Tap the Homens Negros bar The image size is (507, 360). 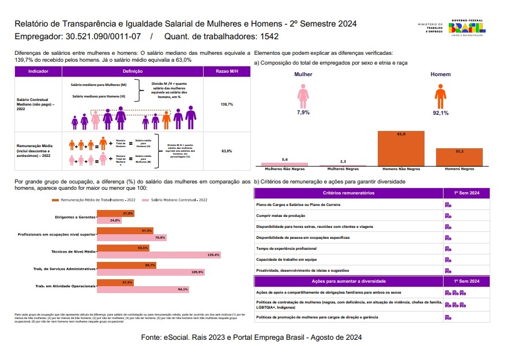[x=459, y=157]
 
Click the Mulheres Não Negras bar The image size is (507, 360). [x=284, y=164]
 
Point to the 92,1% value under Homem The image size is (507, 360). [x=441, y=112]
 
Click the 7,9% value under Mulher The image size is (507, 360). [x=303, y=112]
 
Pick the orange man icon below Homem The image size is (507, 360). [x=441, y=95]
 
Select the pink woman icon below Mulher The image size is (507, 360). [x=303, y=95]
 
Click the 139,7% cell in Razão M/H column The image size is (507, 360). [x=227, y=104]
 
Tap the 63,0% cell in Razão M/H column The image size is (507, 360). [x=227, y=151]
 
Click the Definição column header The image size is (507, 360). [x=133, y=72]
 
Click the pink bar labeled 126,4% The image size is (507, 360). [x=159, y=254]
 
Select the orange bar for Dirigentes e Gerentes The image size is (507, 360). [x=115, y=213]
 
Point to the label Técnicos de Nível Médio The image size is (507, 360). [x=73, y=252]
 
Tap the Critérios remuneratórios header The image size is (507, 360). [x=348, y=193]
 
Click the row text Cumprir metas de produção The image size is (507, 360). [x=281, y=215]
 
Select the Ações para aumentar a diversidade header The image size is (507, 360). [x=348, y=281]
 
